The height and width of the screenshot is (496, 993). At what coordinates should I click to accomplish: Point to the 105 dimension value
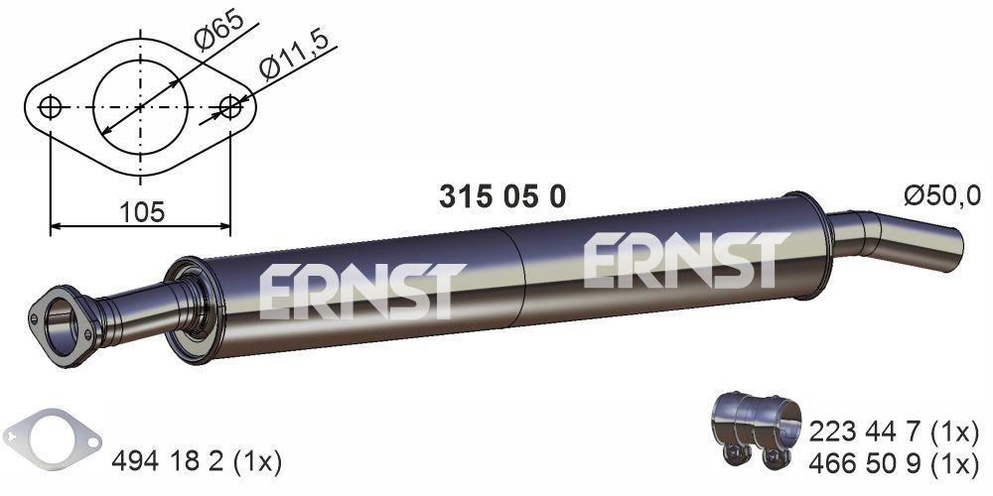140,210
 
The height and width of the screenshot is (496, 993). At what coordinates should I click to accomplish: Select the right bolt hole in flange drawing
230,107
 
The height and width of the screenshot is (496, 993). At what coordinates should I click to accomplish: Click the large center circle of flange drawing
140,107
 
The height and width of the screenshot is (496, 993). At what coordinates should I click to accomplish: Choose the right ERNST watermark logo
686,260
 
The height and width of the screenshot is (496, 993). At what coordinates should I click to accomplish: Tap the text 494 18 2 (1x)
197,461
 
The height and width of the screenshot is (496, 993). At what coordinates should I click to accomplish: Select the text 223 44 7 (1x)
895,432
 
